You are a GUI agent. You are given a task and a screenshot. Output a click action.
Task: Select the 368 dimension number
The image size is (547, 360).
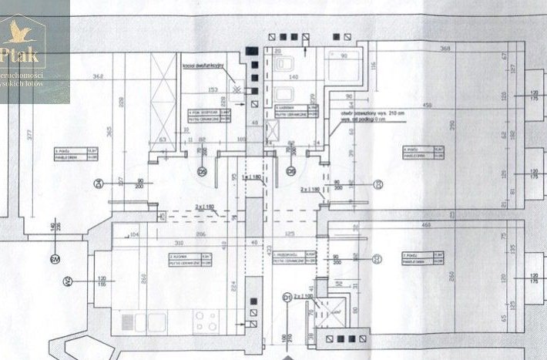click(x=445, y=49)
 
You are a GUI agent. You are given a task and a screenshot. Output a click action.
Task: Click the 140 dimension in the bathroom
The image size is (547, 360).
click(x=293, y=78)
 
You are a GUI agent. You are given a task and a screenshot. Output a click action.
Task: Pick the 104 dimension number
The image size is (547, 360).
click(x=135, y=233)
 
